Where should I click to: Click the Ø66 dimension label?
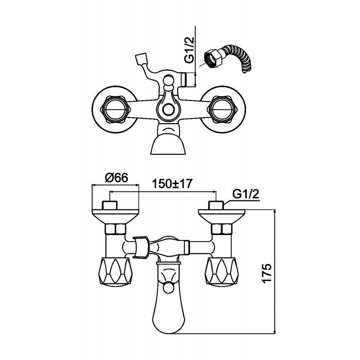(x=116, y=178)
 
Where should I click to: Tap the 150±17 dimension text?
(x=172, y=184)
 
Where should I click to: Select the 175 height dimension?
(x=267, y=274)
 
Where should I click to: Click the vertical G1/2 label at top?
(x=189, y=50)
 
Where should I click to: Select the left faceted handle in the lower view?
(x=116, y=272)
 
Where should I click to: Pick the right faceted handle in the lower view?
(x=221, y=272)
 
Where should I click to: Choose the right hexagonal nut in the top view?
(x=222, y=109)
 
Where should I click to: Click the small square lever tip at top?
(x=140, y=59)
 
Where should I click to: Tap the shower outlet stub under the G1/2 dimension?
(x=184, y=80)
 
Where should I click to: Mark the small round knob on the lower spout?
(x=168, y=288)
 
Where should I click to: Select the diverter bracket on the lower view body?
(x=141, y=247)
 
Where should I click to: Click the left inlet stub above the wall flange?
(x=110, y=205)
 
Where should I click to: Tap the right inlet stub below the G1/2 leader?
(x=216, y=205)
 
